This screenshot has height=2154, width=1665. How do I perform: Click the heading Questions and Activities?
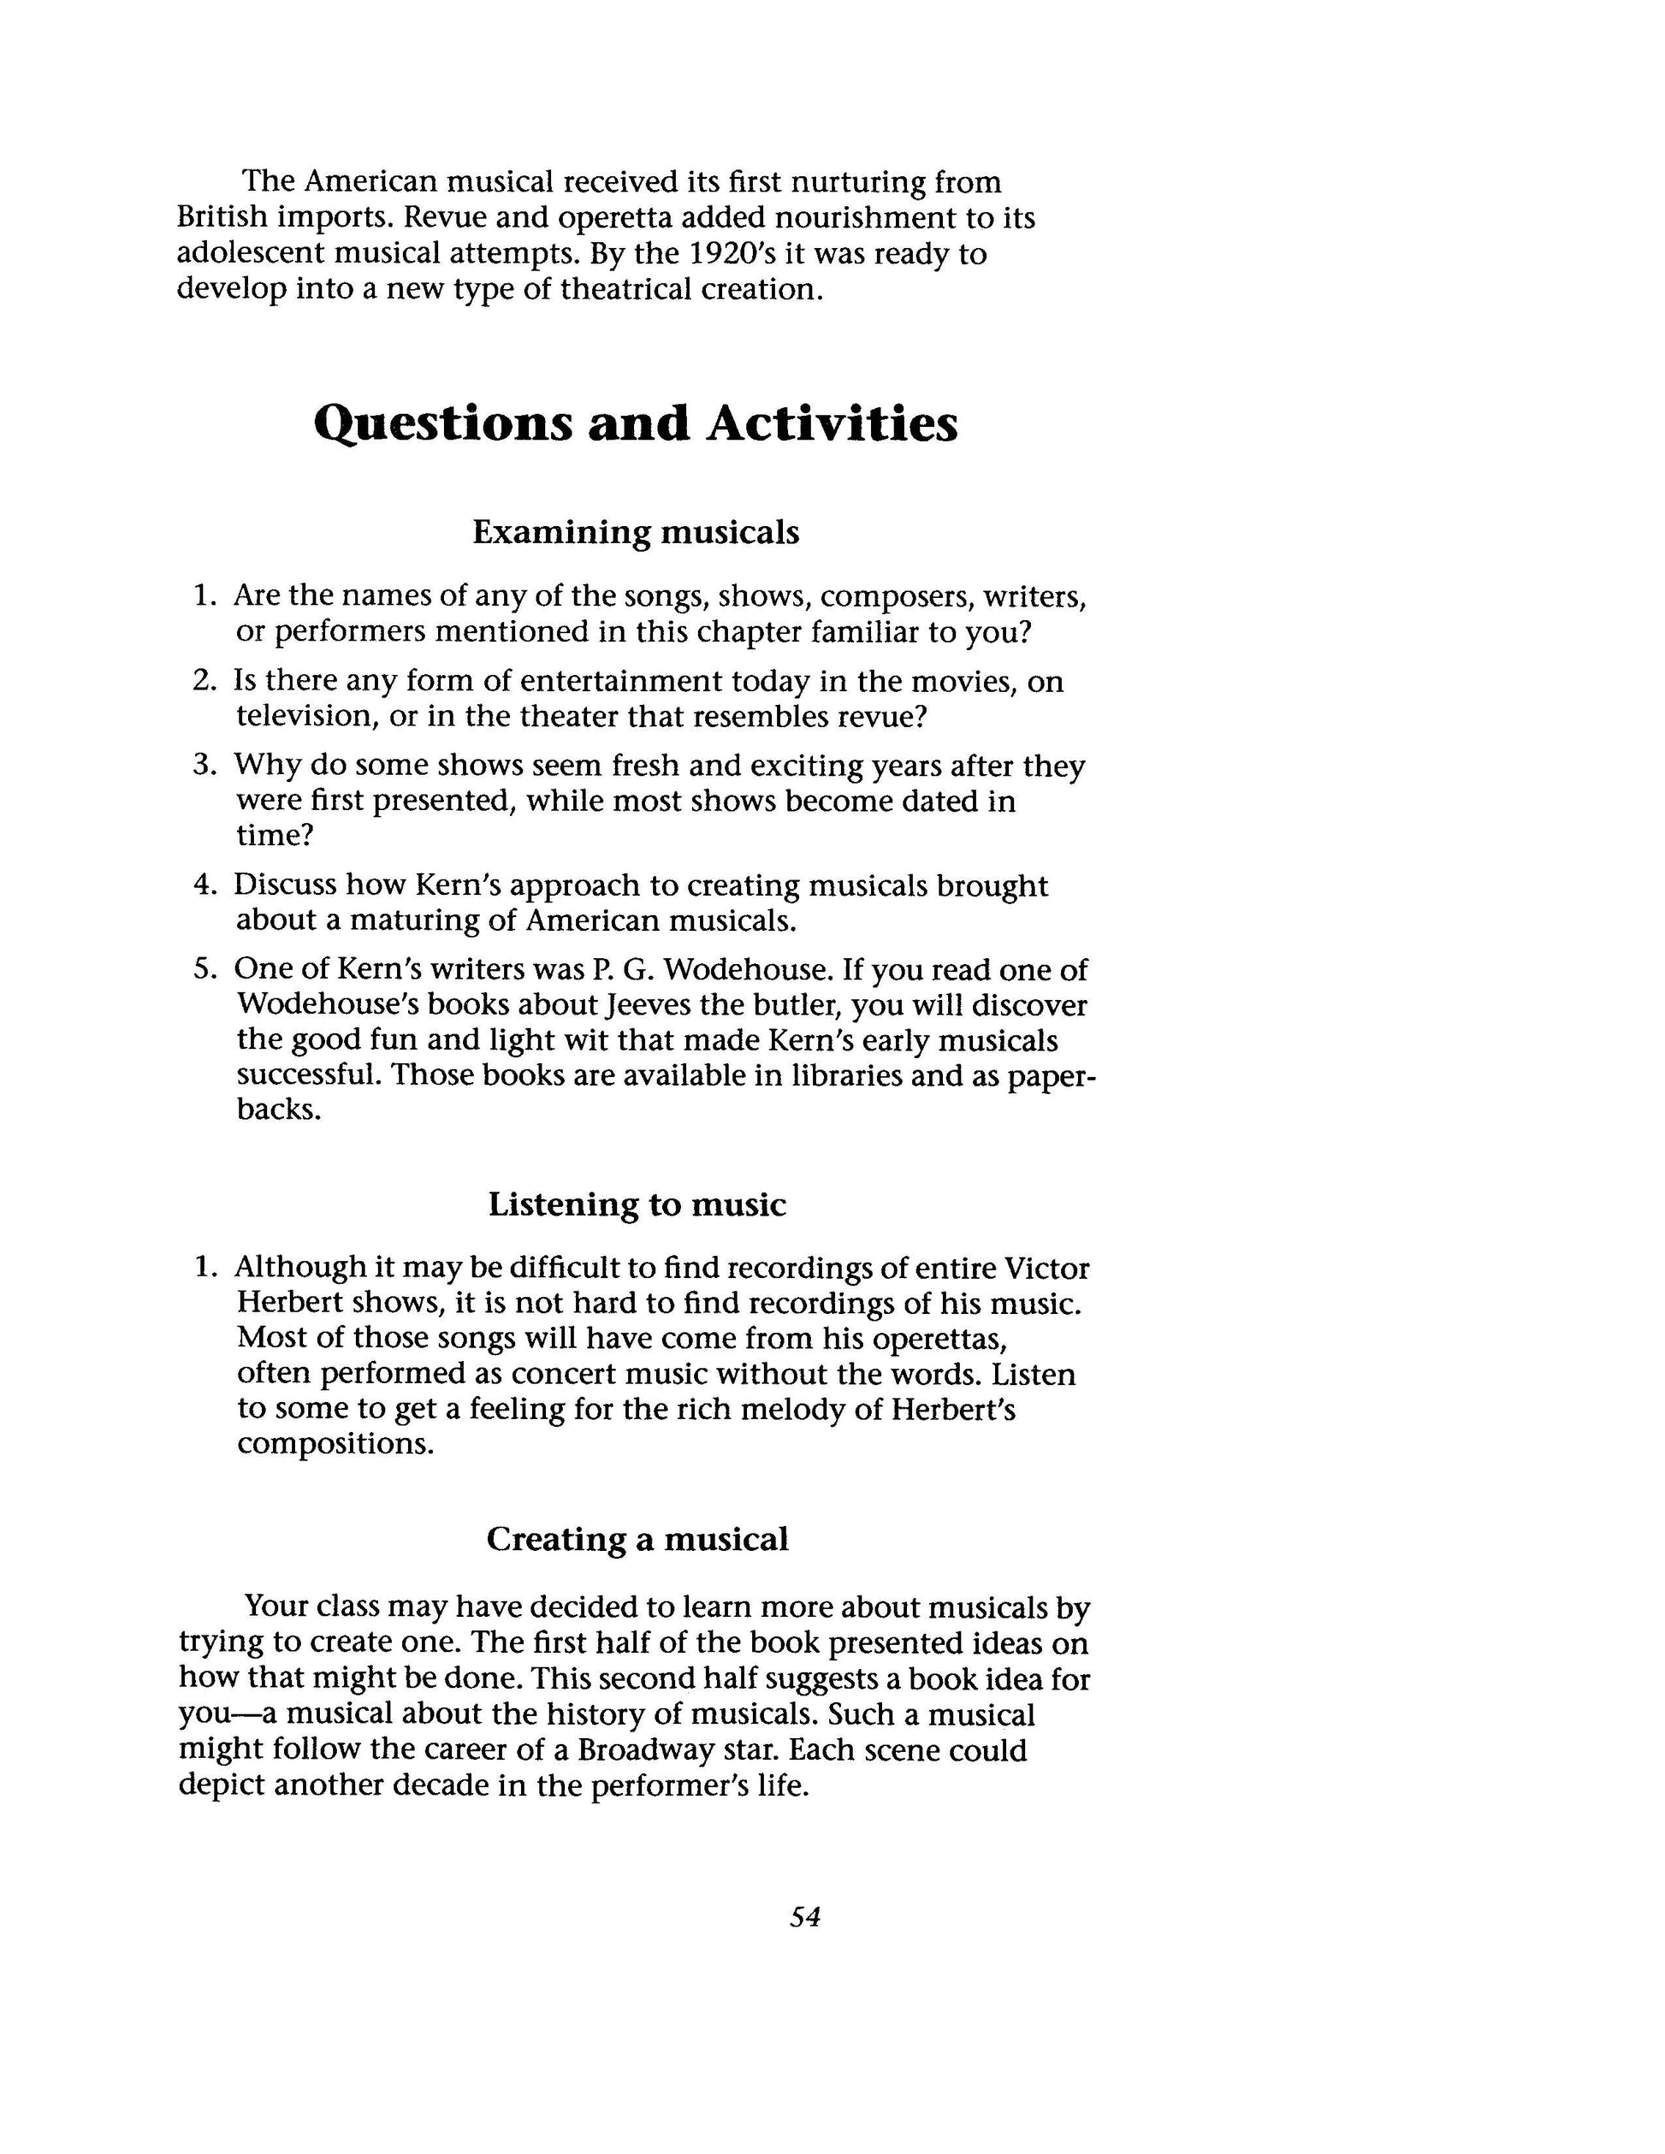point(635,424)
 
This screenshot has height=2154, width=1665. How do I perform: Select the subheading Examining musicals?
point(635,533)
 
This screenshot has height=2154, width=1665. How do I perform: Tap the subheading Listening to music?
point(637,1204)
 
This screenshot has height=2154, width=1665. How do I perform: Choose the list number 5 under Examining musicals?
point(202,969)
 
